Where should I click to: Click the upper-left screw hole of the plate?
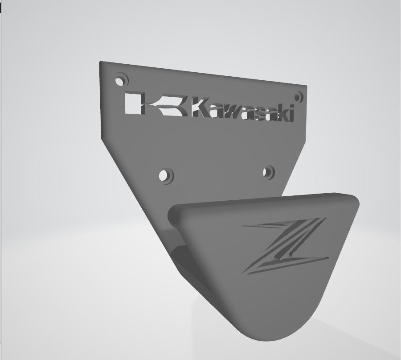119,81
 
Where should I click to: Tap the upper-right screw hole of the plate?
298,96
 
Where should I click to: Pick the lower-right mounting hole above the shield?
268,172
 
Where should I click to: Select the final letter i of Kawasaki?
291,114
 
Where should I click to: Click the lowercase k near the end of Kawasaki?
281,114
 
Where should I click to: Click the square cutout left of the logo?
132,104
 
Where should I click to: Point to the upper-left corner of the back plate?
100,63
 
